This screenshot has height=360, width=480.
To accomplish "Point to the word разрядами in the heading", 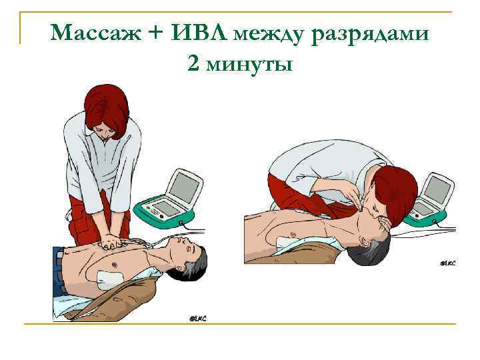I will click(375, 33).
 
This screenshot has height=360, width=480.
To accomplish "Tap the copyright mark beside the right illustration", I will click(447, 263).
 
